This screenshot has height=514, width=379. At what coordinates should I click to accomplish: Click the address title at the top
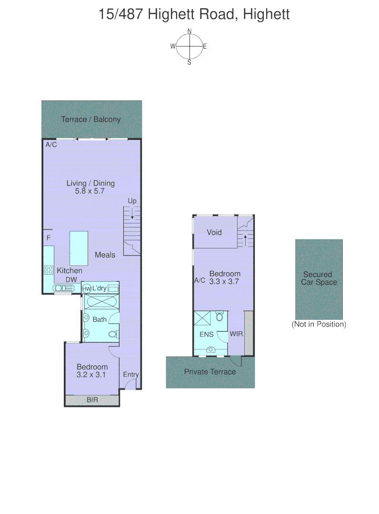coord(194,14)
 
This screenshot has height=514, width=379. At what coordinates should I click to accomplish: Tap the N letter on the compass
coord(189,31)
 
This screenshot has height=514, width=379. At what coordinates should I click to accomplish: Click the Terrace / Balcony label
coord(91,119)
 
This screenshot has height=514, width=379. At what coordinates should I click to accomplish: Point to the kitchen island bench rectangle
coord(79,248)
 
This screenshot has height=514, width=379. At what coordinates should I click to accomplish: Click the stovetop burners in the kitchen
coord(49,270)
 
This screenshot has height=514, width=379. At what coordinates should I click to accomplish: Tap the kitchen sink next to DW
coord(62,287)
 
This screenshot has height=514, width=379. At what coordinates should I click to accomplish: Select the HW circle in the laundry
coord(87,289)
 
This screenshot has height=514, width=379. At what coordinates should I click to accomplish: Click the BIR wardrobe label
coord(92,400)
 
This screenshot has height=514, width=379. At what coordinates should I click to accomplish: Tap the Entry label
coord(131,375)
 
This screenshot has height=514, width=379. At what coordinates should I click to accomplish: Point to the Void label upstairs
coord(214,233)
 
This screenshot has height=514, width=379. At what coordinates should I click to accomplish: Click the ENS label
coord(206,334)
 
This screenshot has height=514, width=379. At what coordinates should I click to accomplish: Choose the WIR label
coord(236,334)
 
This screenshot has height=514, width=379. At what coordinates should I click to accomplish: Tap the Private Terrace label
coord(210,372)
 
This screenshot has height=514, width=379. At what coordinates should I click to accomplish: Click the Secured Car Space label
coord(319,278)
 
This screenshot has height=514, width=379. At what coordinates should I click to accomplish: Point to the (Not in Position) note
coord(319,325)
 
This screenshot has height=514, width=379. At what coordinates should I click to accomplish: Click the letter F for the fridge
coord(48,237)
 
